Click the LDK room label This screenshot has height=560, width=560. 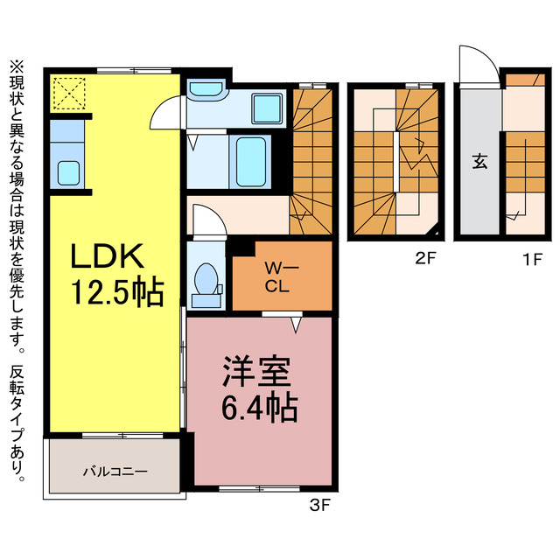click(108, 255)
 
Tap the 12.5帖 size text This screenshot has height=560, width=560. click(118, 292)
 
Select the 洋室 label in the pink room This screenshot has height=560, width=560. click(256, 371)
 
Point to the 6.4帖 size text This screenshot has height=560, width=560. click(260, 408)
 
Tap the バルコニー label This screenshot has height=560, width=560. click(115, 472)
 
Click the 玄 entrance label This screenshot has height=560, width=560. click(480, 161)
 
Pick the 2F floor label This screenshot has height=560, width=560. click(426, 258)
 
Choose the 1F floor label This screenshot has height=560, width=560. click(533, 259)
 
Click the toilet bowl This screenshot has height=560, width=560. click(206, 280)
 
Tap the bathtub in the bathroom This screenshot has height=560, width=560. click(251, 162)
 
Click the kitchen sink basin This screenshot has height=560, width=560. click(68, 173)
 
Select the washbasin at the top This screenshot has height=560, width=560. click(206, 87)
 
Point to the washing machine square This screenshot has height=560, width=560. click(267, 108)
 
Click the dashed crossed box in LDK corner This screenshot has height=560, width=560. click(69, 94)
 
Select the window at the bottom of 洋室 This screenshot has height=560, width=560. click(259, 488)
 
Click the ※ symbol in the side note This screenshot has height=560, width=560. click(17, 67)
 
